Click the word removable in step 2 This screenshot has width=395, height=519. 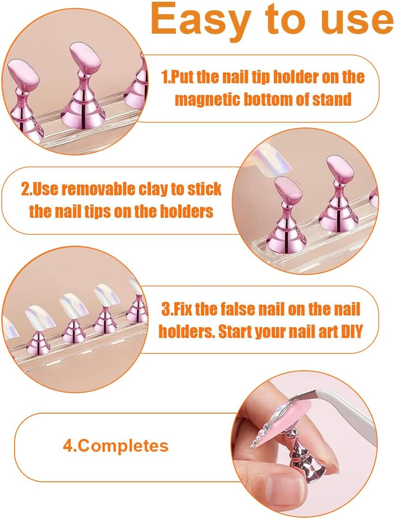tap(94, 189)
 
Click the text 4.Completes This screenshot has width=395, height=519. tap(115, 445)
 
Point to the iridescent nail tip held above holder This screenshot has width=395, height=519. tap(268, 158)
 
